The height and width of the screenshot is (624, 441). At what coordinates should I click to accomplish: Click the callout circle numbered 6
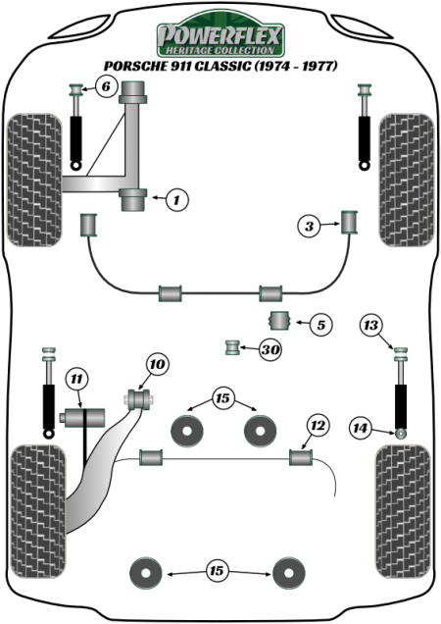point(106,87)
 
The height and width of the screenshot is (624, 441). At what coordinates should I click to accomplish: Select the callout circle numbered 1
point(175,200)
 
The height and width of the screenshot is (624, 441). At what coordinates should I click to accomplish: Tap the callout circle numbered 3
point(310,228)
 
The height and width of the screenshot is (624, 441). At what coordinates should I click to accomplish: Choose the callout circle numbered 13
point(370,326)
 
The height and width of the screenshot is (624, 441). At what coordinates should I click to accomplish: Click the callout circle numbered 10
point(156,365)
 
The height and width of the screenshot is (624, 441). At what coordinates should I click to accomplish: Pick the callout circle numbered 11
point(76,379)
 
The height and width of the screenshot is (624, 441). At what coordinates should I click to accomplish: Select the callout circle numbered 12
point(316,425)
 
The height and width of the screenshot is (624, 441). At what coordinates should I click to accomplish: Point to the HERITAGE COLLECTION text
point(220,50)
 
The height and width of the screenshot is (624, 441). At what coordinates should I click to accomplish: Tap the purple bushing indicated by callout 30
point(234,346)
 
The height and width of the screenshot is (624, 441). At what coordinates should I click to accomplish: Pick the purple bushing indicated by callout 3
point(349,223)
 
